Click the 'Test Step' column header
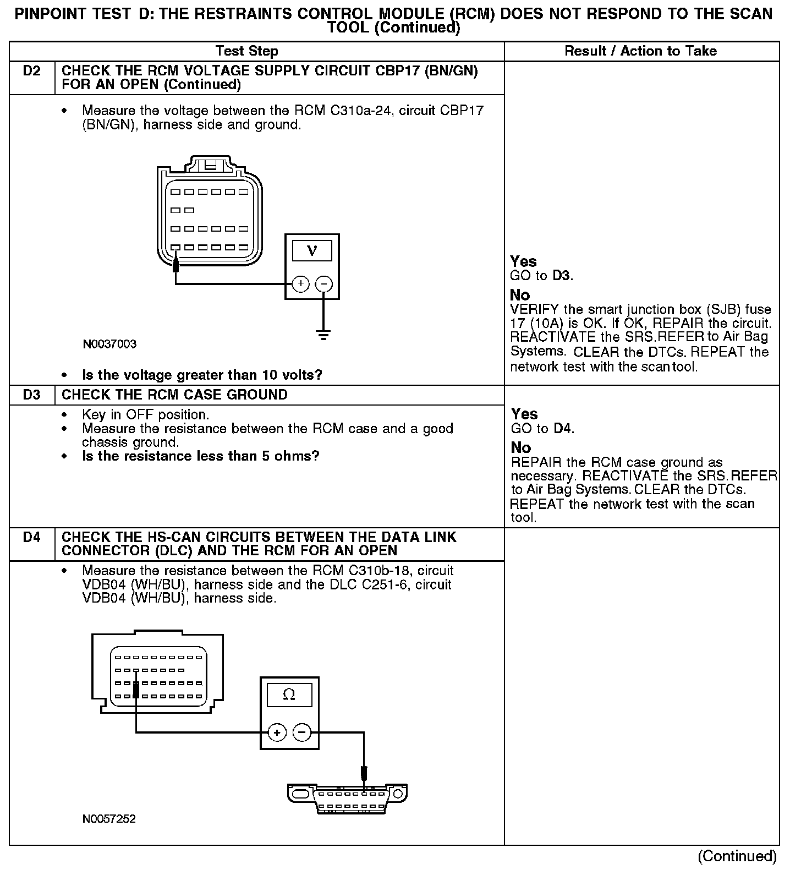tap(247, 51)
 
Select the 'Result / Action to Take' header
tap(640, 51)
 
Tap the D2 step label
tap(32, 71)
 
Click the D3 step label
tap(32, 395)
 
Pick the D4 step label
tap(32, 537)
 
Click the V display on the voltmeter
tap(312, 251)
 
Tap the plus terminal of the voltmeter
tap(300, 284)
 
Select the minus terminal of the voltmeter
tap(324, 284)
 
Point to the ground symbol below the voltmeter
tap(323, 335)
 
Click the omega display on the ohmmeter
tap(289, 695)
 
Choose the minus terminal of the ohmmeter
tap(301, 732)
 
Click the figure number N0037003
tap(109, 344)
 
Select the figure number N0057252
tap(109, 819)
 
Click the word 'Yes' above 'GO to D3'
tap(523, 261)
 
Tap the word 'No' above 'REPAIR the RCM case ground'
tap(520, 447)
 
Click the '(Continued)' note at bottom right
tap(737, 856)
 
